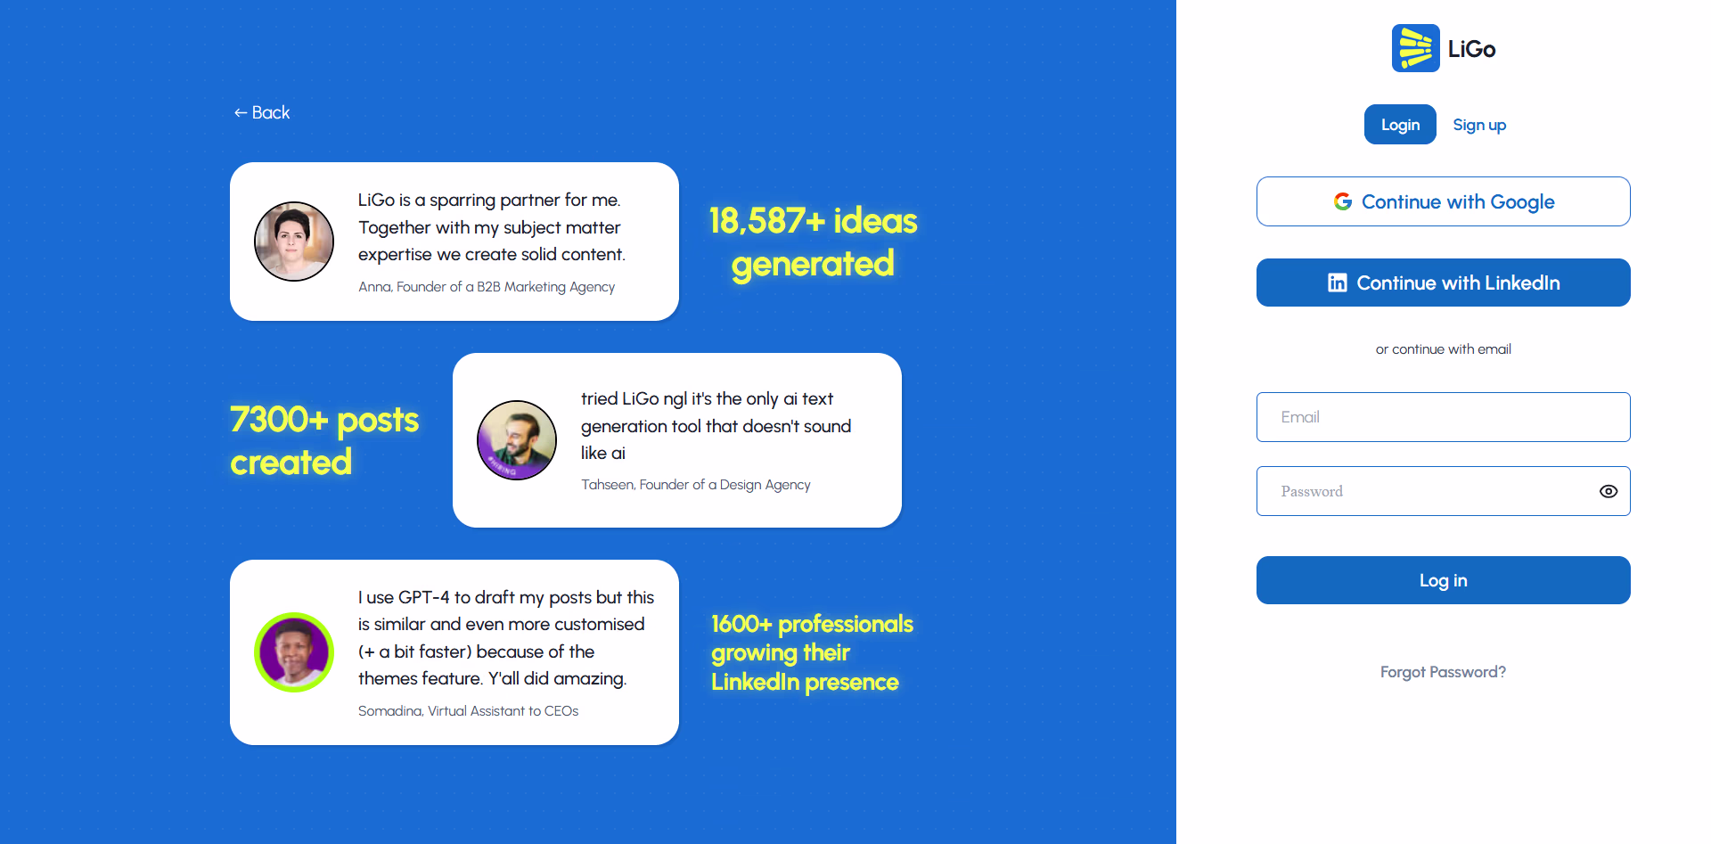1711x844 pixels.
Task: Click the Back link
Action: (262, 112)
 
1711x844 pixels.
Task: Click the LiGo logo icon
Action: (1415, 48)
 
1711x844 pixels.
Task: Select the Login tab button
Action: (1400, 125)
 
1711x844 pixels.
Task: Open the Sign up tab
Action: (1479, 125)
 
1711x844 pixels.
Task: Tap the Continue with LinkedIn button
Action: (1444, 283)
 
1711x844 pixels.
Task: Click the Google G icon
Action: (1343, 201)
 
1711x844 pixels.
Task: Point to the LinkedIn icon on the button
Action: (1337, 283)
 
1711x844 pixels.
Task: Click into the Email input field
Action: (1444, 417)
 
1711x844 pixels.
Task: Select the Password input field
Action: (1426, 491)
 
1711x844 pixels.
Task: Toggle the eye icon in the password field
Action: (1609, 491)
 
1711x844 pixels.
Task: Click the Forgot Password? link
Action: (1444, 672)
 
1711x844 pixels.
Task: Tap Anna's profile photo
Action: (294, 242)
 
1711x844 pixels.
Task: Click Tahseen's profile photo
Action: (517, 440)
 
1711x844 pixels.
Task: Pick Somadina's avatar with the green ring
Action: (294, 652)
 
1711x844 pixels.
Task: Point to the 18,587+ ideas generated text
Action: (813, 242)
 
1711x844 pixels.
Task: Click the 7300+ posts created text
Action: (324, 441)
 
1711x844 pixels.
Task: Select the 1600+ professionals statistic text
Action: (812, 652)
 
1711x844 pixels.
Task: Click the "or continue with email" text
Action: (1444, 349)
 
